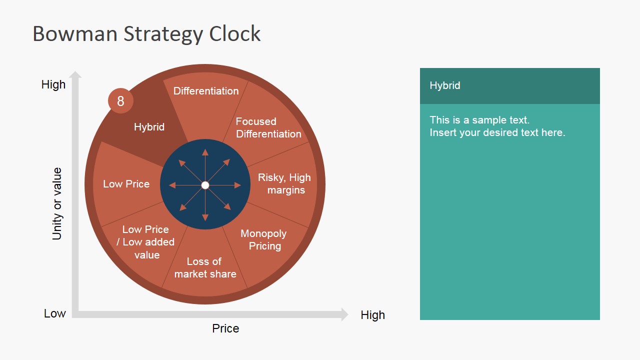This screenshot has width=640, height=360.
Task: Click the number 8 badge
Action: (120, 101)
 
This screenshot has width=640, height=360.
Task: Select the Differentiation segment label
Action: (206, 91)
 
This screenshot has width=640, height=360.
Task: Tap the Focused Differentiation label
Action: (268, 128)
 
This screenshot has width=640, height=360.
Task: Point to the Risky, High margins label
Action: (284, 184)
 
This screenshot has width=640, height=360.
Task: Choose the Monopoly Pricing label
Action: (264, 240)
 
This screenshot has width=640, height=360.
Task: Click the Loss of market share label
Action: (205, 267)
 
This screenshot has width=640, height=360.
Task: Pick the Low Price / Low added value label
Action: (146, 242)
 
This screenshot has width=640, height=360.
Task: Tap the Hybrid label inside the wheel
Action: (149, 127)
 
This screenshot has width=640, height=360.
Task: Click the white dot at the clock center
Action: (205, 185)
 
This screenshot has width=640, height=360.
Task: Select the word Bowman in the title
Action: (75, 34)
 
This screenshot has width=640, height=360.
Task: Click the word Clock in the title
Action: (235, 34)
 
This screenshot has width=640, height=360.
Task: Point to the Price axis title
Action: (225, 328)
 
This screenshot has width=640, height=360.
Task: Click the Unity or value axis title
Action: (57, 203)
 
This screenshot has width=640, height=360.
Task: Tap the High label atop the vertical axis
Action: (53, 84)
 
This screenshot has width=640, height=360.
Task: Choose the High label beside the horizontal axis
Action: (372, 315)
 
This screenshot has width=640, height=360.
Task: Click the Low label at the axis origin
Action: (55, 313)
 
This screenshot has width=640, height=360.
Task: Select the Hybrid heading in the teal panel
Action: (445, 85)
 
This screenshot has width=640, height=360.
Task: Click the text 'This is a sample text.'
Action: (479, 120)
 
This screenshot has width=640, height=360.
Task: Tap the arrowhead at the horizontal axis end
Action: (344, 314)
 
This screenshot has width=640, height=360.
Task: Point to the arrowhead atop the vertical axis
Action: (75, 75)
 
